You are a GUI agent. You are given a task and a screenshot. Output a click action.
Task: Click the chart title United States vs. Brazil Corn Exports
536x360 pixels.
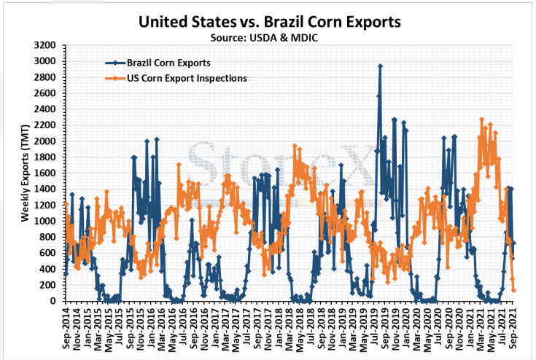click(x=269, y=22)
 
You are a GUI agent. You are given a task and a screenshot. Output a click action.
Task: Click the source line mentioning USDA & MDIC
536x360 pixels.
click(x=264, y=38)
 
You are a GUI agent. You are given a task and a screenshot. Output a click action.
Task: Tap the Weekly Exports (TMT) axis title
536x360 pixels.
click(x=26, y=173)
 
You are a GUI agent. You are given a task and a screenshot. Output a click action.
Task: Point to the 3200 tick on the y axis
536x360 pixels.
click(x=44, y=45)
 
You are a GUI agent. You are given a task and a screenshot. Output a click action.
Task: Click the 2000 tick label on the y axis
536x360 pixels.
click(x=44, y=141)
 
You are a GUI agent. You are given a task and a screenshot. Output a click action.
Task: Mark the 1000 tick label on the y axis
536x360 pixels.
click(x=44, y=221)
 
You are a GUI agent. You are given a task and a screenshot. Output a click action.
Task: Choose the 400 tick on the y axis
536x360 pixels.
click(x=47, y=269)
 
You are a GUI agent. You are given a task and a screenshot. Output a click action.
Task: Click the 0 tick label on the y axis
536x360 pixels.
click(x=53, y=301)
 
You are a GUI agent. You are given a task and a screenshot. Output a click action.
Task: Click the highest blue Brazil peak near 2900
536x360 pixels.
click(x=381, y=66)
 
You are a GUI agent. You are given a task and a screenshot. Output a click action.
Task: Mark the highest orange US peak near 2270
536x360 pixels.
click(x=481, y=120)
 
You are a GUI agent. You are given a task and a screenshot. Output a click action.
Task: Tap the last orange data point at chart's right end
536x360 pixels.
click(x=514, y=290)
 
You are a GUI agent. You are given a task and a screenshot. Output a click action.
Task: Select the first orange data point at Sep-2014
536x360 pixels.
click(x=66, y=204)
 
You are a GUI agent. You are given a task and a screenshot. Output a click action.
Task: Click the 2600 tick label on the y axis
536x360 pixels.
click(x=44, y=93)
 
